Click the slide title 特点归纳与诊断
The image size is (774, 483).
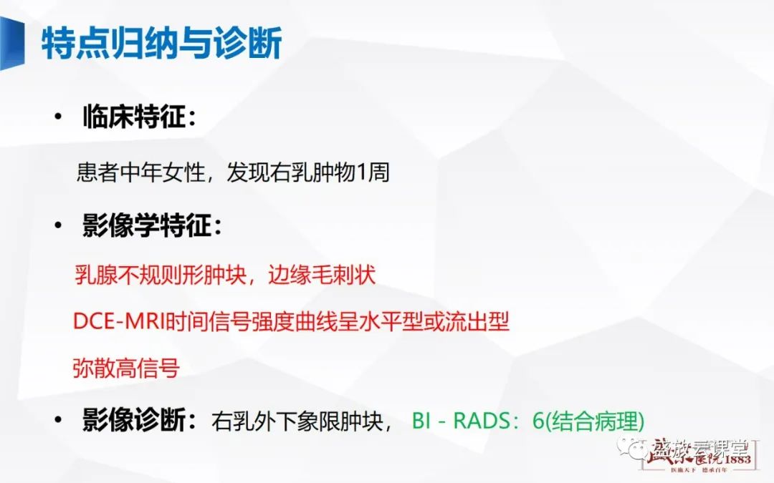[161, 44]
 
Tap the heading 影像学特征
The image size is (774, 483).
[149, 227]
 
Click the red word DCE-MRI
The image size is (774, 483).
[118, 322]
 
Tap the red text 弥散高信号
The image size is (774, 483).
[125, 368]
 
